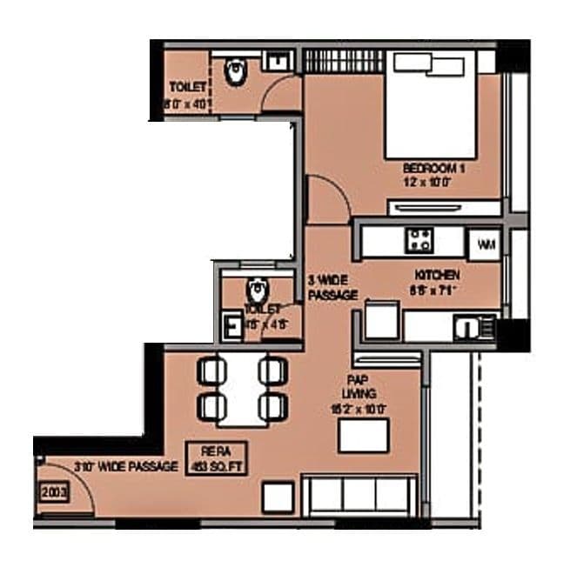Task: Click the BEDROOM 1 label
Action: pyautogui.click(x=433, y=168)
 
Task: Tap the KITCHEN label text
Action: pyautogui.click(x=437, y=275)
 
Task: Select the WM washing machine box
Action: pyautogui.click(x=485, y=244)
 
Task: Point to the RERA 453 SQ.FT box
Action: pyautogui.click(x=216, y=457)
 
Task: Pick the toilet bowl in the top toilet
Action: pyautogui.click(x=236, y=73)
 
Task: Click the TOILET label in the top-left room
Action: pyautogui.click(x=188, y=87)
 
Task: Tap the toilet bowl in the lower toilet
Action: pyautogui.click(x=256, y=289)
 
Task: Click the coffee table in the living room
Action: pyautogui.click(x=364, y=434)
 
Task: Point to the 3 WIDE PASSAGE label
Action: pyautogui.click(x=332, y=288)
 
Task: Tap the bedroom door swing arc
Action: pyautogui.click(x=329, y=196)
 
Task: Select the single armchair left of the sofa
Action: pyautogui.click(x=279, y=496)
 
